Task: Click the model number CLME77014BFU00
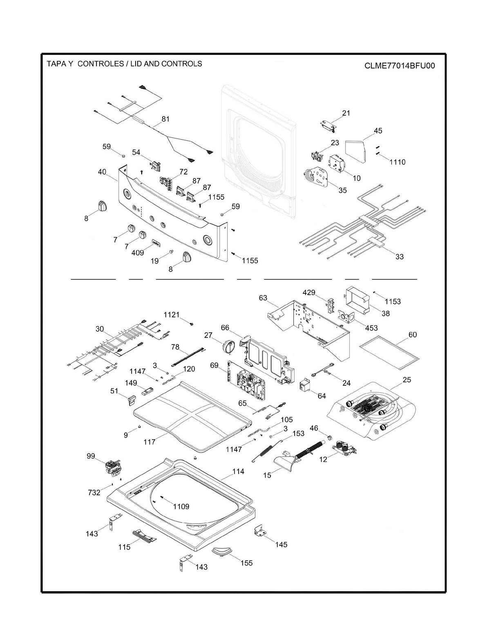point(399,66)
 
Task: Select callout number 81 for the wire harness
point(165,119)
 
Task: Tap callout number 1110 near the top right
point(397,162)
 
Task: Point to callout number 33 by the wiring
point(399,257)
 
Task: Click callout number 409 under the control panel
point(138,253)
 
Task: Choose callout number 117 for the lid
point(150,442)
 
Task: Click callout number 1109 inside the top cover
point(181,507)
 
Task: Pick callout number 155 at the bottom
point(246,563)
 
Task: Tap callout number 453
point(371,328)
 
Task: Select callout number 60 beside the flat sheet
point(413,335)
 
